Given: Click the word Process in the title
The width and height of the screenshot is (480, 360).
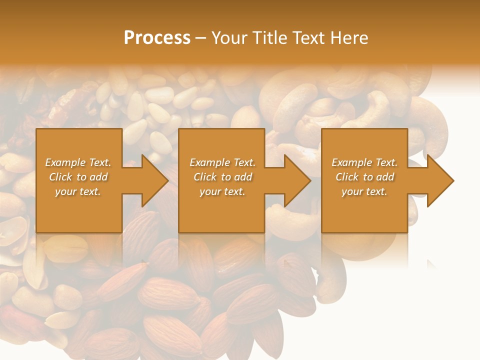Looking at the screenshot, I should [x=157, y=37].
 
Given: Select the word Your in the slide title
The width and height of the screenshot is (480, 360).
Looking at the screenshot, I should [x=230, y=37].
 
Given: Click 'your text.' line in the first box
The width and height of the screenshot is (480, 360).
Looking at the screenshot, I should [x=78, y=191].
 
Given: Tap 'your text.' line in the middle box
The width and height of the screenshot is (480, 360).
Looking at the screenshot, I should [x=222, y=191].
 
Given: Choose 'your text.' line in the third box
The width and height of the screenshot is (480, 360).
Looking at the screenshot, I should [x=364, y=191].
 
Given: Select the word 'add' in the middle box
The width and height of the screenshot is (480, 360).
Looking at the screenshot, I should [x=243, y=177].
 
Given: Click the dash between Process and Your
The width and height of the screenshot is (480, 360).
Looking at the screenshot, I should [x=200, y=38].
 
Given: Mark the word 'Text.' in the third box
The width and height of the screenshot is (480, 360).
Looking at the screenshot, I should [x=386, y=162].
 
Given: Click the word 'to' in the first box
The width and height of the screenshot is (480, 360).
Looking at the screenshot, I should [x=81, y=177].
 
